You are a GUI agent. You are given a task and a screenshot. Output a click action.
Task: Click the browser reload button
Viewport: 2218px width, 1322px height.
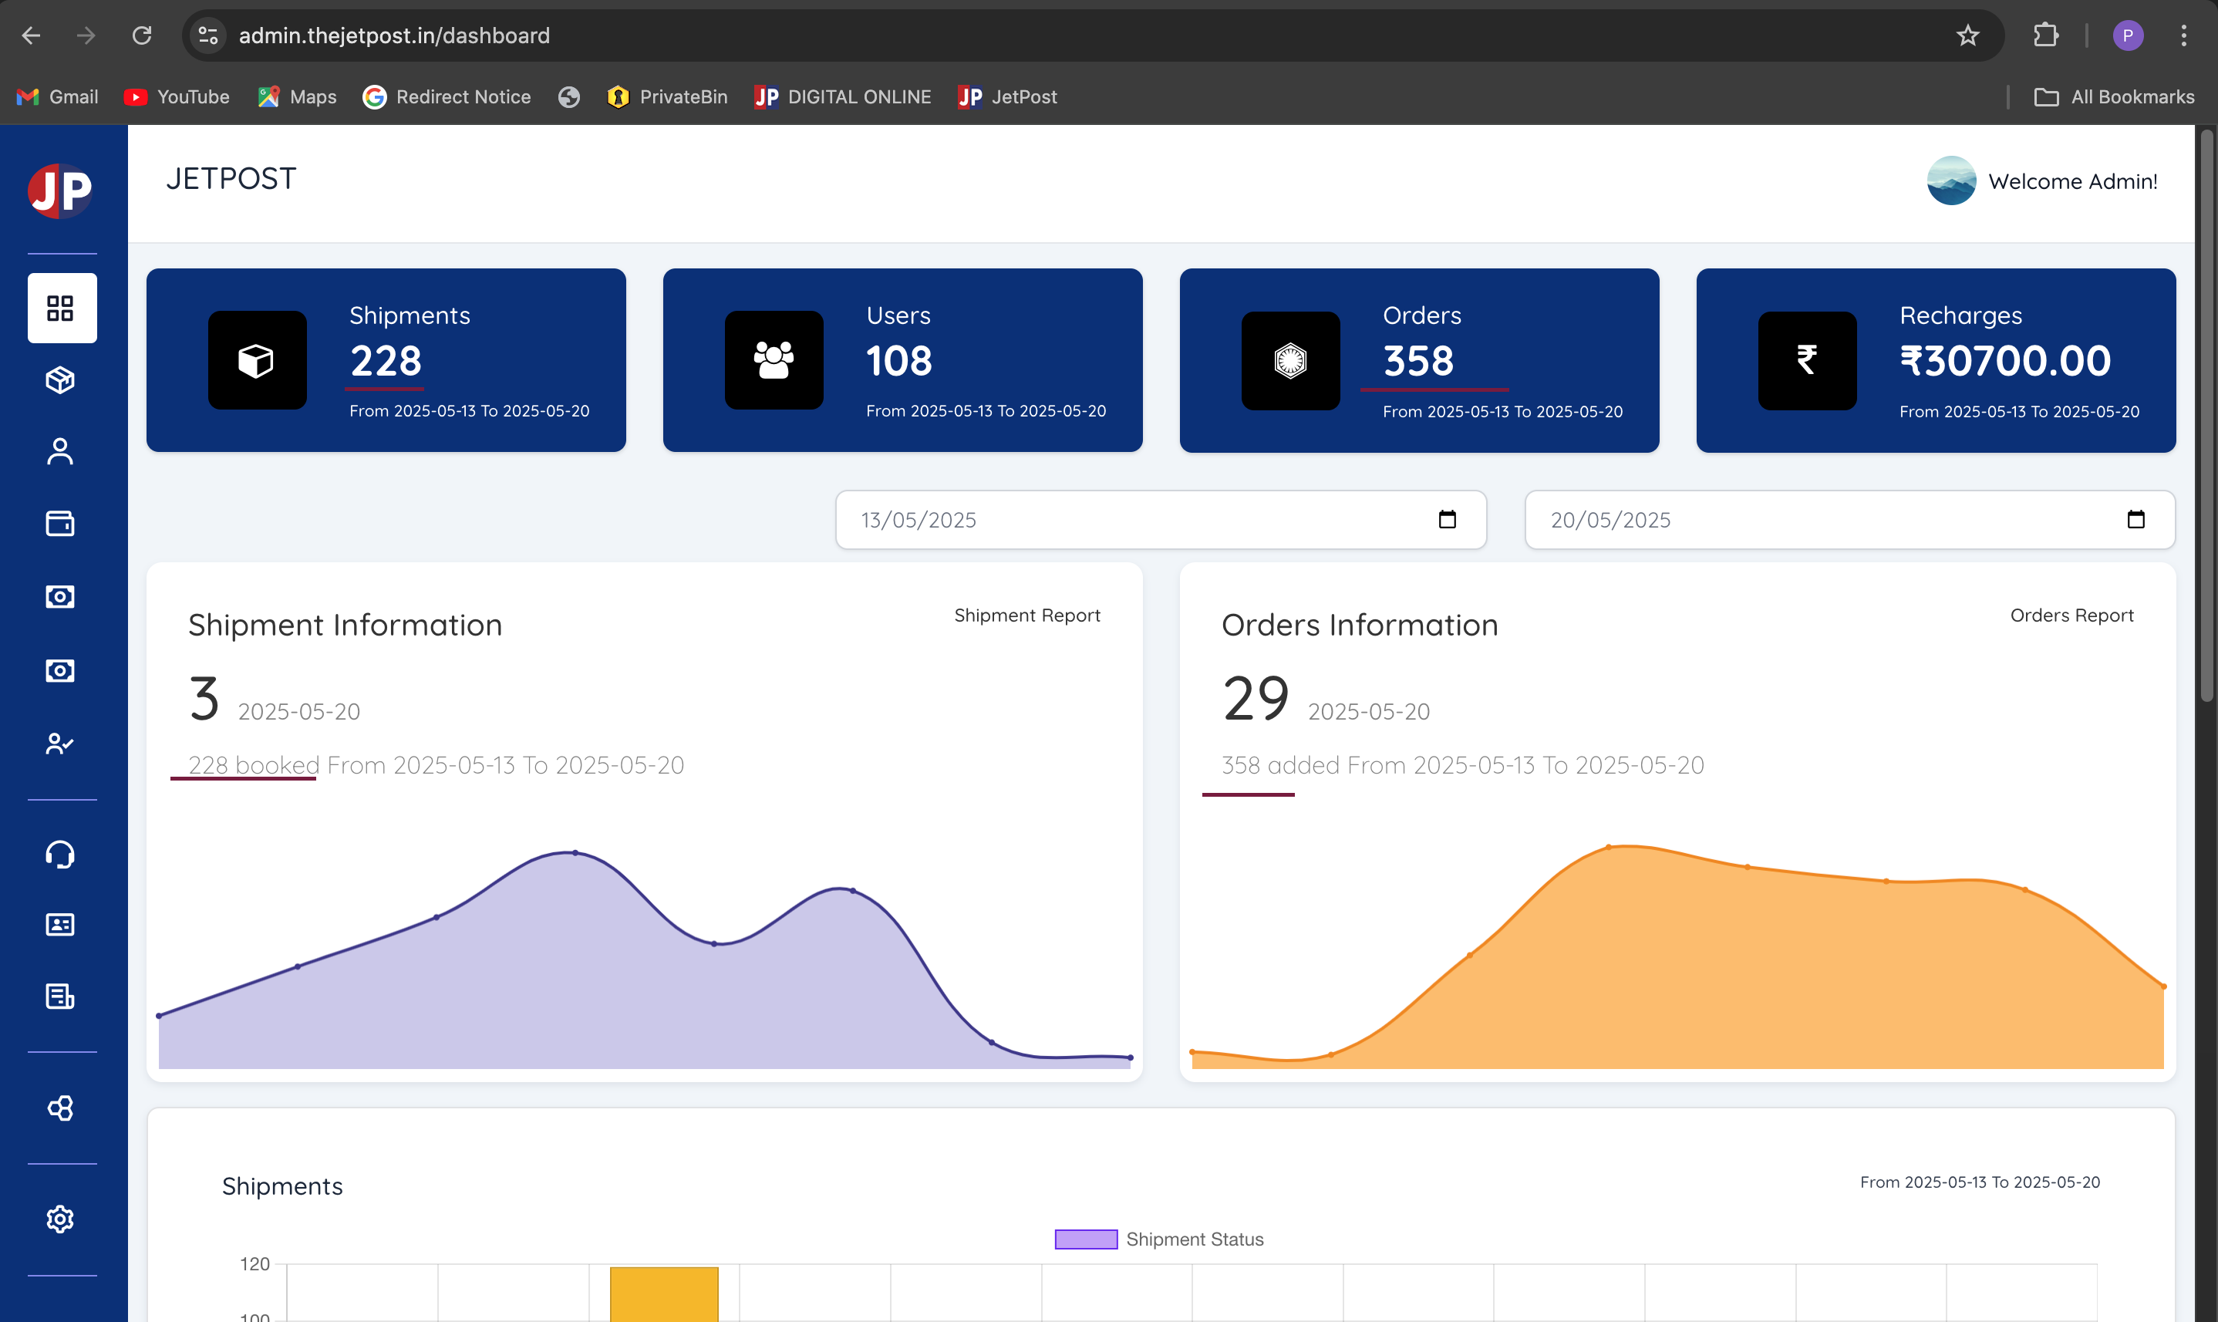142,35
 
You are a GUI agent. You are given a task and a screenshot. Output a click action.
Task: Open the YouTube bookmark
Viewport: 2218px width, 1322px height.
177,96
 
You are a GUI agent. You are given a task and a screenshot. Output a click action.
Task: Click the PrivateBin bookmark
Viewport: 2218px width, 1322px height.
666,96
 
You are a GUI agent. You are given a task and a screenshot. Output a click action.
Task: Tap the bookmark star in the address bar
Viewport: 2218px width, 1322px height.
1967,35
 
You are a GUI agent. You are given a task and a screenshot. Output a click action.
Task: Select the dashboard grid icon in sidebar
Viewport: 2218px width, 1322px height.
61,309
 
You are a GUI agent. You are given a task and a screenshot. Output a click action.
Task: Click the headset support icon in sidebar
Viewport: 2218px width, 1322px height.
59,855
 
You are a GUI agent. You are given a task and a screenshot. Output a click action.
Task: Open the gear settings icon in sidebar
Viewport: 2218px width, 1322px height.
59,1219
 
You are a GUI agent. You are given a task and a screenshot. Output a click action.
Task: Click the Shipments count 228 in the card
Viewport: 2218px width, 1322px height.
386,361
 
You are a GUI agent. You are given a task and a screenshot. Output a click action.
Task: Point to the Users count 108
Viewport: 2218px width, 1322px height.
898,361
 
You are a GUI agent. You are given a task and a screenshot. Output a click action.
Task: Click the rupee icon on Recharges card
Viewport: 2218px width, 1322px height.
1806,360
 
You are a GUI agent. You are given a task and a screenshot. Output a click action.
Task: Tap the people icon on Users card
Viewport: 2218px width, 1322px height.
774,360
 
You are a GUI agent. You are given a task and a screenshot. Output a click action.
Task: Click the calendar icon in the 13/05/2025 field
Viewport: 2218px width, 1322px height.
1448,519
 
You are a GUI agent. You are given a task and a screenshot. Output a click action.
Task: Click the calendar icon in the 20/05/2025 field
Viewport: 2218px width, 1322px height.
2136,519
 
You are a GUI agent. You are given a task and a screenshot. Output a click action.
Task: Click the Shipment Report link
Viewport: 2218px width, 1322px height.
1027,615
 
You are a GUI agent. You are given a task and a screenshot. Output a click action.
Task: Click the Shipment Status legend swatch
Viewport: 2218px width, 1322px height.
1086,1239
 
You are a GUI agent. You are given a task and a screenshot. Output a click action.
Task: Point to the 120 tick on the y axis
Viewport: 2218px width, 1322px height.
254,1263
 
